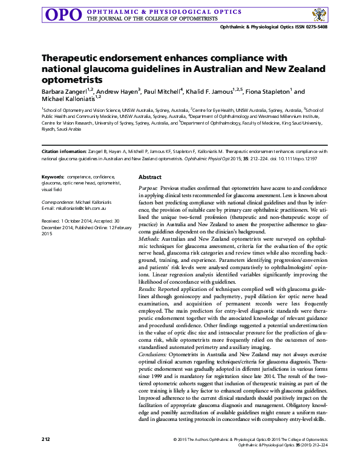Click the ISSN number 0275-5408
(x=315, y=27)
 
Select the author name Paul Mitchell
(x=162, y=91)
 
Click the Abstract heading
(x=150, y=177)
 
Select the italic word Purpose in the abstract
(x=149, y=189)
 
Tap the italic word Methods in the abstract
(x=149, y=240)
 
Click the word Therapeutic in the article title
(x=71, y=59)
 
